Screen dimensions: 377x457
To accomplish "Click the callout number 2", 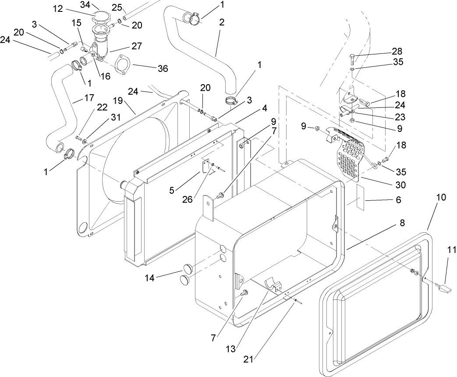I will pyautogui.click(x=222, y=22).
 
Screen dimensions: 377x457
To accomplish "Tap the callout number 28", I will pyautogui.click(x=397, y=51).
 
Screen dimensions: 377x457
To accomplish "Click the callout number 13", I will pyautogui.click(x=231, y=349).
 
